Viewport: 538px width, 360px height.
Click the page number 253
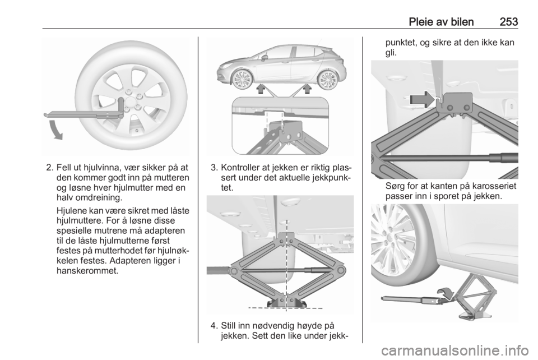click(508, 22)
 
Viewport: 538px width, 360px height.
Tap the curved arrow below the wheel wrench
click(56, 130)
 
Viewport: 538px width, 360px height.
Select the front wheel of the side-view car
click(242, 79)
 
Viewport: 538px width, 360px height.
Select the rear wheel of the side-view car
click(327, 80)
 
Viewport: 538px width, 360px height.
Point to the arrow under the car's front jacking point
click(261, 89)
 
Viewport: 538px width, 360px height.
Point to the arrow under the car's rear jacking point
click(307, 89)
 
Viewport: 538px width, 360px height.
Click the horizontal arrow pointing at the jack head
click(422, 99)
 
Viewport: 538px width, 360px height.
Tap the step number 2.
click(49, 168)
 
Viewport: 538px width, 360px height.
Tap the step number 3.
click(214, 168)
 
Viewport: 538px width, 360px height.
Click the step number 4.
click(214, 325)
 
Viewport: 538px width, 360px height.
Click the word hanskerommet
click(87, 270)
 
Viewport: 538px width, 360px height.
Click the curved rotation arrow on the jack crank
click(446, 292)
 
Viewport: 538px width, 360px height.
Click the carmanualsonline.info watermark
click(454, 350)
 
